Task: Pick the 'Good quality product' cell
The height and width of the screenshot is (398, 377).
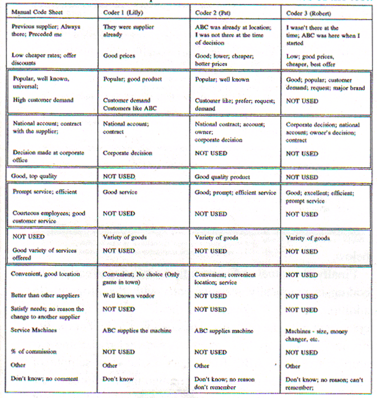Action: pyautogui.click(x=223, y=177)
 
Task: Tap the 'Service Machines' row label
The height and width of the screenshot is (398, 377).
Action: pyautogui.click(x=34, y=330)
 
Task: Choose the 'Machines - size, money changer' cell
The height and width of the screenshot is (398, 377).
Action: pyautogui.click(x=315, y=334)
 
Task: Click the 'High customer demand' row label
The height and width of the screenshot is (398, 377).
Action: pyautogui.click(x=44, y=100)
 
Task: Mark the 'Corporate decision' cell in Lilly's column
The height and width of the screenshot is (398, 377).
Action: pyautogui.click(x=127, y=153)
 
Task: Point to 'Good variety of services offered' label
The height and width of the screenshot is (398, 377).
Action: pyautogui.click(x=44, y=254)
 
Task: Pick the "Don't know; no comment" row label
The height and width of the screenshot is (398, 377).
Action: pyautogui.click(x=44, y=379)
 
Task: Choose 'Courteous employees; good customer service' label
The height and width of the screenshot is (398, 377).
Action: pyautogui.click(x=48, y=217)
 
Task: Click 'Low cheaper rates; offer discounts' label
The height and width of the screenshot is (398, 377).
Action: pyautogui.click(x=44, y=59)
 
